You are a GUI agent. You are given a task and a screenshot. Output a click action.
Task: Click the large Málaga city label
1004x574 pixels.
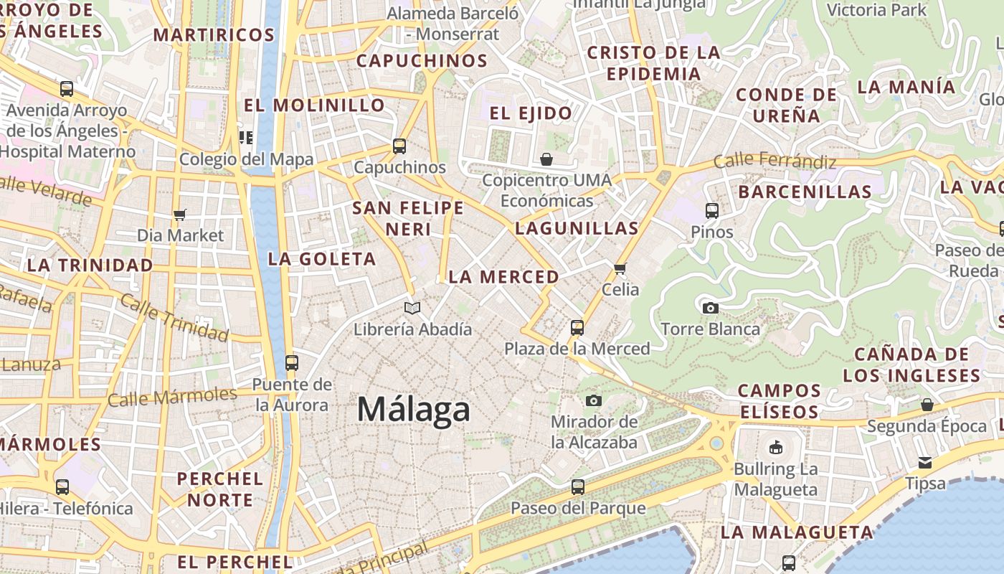(414, 410)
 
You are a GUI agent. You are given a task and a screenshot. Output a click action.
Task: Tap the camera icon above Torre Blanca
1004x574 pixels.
(710, 308)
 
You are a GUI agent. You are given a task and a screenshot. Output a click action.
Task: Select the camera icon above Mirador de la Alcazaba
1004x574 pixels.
(594, 400)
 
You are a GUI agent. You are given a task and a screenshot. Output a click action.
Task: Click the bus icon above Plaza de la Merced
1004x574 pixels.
(577, 328)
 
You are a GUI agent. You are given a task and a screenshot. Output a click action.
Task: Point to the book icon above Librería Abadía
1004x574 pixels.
(412, 309)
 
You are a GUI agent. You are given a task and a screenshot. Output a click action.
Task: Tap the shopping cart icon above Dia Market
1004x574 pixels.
(180, 215)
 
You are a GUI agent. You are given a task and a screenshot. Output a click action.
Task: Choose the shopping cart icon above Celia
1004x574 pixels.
(620, 268)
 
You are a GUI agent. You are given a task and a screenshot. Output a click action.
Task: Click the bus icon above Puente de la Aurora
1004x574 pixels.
(291, 363)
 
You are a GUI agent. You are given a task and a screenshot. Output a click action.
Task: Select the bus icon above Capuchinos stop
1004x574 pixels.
(399, 146)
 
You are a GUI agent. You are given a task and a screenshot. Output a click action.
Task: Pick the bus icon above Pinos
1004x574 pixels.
(711, 211)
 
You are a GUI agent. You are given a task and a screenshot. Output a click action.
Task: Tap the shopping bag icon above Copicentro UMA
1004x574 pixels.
(546, 159)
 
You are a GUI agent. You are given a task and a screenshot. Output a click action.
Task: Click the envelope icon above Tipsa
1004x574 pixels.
(925, 463)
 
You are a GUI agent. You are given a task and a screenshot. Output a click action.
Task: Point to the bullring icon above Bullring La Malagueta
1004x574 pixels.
(775, 448)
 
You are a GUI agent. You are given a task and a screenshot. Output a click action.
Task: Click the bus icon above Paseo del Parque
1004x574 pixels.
(578, 487)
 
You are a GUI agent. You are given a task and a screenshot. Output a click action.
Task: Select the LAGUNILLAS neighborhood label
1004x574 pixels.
(577, 229)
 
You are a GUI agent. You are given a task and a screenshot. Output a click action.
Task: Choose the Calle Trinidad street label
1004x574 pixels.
(174, 316)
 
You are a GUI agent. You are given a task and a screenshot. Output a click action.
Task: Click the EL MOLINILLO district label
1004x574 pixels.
(314, 105)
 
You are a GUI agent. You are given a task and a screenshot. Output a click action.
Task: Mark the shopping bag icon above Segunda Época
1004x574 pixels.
(927, 405)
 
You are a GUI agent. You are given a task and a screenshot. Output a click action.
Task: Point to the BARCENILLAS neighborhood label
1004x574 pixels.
(805, 192)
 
